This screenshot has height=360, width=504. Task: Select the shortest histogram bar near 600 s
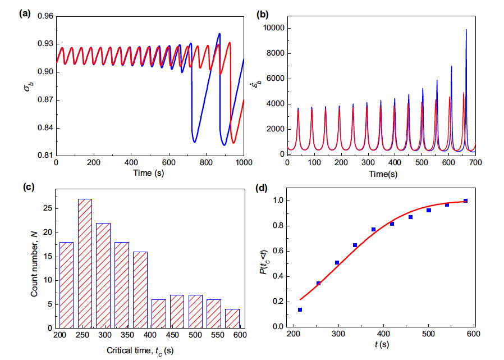pyautogui.click(x=232, y=318)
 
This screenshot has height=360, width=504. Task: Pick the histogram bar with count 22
pyautogui.click(x=103, y=275)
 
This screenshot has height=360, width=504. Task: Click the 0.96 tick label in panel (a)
pyautogui.click(x=44, y=17)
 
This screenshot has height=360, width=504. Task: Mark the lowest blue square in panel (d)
pyautogui.click(x=300, y=309)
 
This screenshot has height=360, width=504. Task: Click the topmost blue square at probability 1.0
pyautogui.click(x=465, y=200)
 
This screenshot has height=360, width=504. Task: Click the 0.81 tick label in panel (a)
pyautogui.click(x=44, y=156)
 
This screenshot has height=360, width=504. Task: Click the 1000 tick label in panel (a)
pyautogui.click(x=243, y=163)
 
